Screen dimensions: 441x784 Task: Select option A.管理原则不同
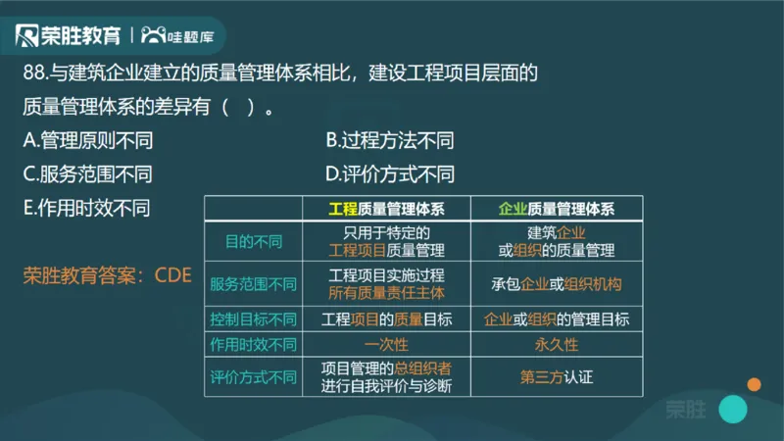point(87,140)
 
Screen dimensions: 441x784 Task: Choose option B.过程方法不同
point(389,140)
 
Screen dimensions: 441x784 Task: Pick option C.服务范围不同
point(87,174)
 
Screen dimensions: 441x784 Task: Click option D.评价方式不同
point(389,174)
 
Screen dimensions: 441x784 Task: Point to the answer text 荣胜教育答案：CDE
point(107,274)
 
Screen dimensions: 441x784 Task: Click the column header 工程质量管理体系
point(386,208)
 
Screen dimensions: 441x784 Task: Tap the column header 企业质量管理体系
point(557,208)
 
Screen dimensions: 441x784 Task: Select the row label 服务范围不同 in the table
point(252,284)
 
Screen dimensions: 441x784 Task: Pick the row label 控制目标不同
point(252,319)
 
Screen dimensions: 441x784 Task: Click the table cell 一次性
point(386,345)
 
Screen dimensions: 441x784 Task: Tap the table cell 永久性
point(557,345)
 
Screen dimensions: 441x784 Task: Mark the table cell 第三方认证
point(557,376)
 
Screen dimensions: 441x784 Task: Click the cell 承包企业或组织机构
point(557,284)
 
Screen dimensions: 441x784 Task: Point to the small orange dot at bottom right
point(754,384)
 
